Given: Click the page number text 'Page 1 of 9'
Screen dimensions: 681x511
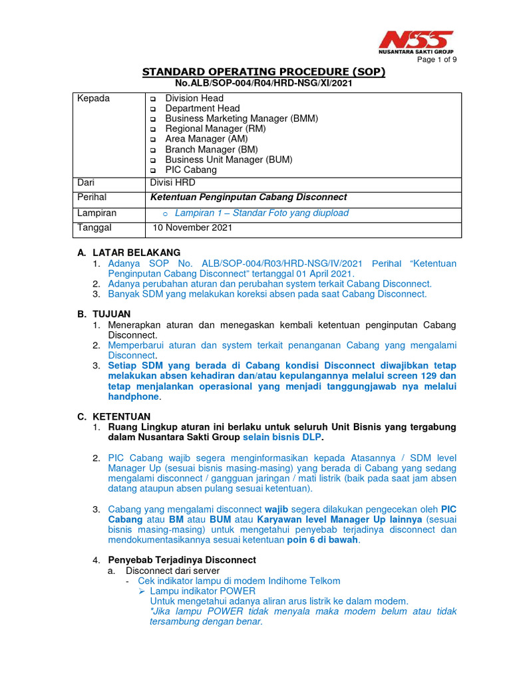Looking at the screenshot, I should [x=436, y=59].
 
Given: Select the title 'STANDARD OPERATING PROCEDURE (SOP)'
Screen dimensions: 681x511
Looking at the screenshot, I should [x=263, y=72].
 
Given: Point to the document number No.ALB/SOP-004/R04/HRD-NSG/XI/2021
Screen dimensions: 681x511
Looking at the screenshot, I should [x=263, y=83].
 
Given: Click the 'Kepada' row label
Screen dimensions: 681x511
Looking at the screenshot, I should [x=94, y=98].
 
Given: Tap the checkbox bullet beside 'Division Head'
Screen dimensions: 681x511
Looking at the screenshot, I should [x=152, y=99].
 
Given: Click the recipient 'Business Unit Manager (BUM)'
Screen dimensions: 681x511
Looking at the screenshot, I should [x=228, y=160].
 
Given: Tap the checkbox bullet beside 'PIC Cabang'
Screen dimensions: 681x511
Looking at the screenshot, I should [x=152, y=171].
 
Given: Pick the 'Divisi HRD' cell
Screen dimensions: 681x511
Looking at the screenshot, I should [x=173, y=182].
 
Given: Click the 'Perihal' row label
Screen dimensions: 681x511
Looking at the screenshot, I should [x=92, y=198].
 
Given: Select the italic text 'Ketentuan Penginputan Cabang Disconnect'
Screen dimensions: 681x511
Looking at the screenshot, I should [x=248, y=198].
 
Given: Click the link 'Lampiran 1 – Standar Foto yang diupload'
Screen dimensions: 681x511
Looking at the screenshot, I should [x=261, y=213].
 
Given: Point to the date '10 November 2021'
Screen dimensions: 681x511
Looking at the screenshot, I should [x=192, y=227].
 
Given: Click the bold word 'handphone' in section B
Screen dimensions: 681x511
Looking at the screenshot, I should [x=133, y=396].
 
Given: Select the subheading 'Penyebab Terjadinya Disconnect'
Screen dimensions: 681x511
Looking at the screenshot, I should [x=182, y=560].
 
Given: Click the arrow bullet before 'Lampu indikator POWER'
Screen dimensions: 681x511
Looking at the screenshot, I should [x=142, y=591].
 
